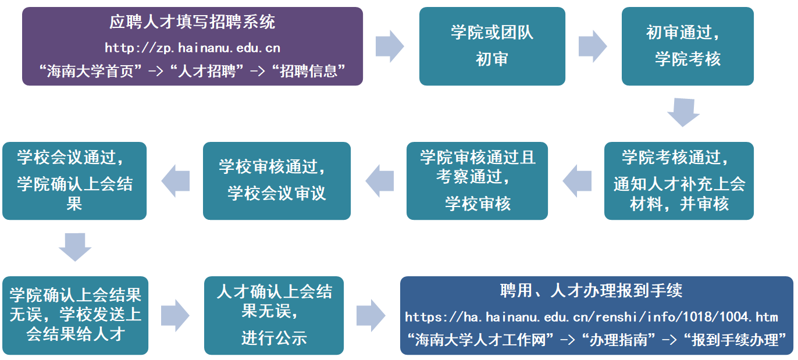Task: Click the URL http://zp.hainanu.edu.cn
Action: pos(193,48)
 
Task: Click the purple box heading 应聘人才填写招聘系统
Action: pos(193,23)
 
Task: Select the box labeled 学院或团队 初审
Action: pos(492,46)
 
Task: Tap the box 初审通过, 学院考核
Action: pos(687,46)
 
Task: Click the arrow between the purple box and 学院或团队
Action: pos(389,46)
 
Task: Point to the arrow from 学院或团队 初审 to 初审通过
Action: pos(592,46)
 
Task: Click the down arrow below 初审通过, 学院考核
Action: pos(683,112)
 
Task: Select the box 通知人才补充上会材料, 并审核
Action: pos(679,181)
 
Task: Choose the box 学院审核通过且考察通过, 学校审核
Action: pos(477,181)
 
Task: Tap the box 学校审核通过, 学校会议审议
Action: pos(276,181)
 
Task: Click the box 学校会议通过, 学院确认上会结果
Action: pos(74,181)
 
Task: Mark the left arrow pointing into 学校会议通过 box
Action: pos(176,181)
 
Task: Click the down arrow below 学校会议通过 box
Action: pos(75,247)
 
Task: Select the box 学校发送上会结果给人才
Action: pos(75,315)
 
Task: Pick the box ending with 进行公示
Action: pos(274,315)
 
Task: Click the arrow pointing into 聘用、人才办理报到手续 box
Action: pos(370,315)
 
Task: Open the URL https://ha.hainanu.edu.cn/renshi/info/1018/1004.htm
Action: pos(591,317)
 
